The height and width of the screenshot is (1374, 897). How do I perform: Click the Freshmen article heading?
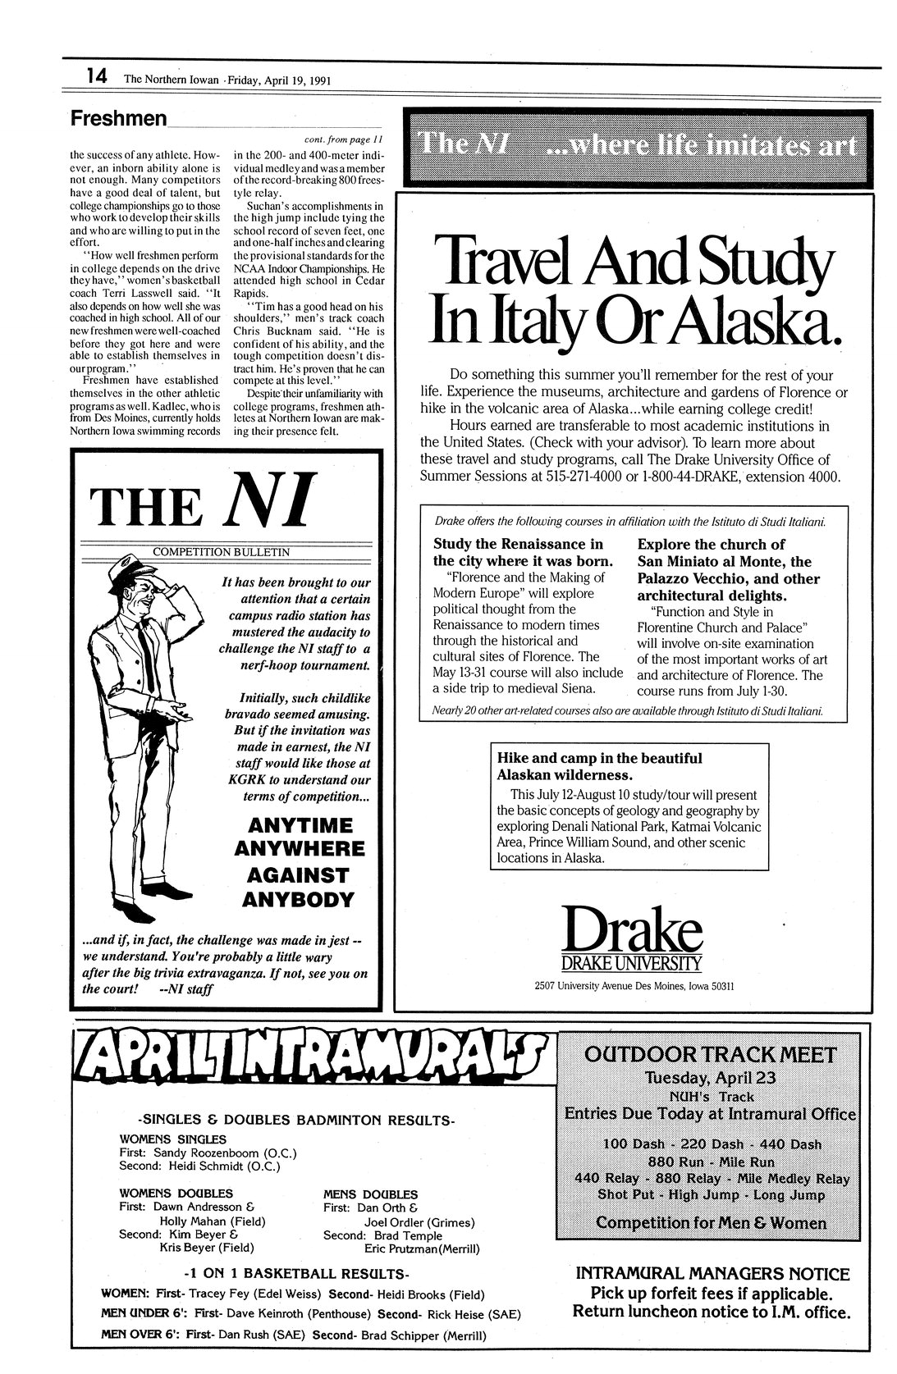118,119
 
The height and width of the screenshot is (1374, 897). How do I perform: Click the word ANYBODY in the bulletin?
298,900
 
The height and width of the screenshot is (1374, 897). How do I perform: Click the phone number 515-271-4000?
592,477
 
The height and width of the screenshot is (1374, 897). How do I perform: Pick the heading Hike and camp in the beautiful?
599,759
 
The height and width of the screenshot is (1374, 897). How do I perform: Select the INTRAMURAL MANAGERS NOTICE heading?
712,1274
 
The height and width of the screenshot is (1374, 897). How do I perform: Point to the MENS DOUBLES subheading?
370,1194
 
